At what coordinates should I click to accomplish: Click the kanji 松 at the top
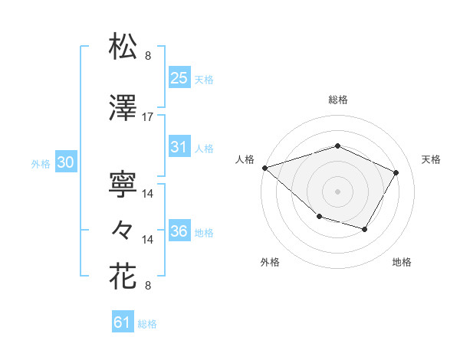tap(123, 47)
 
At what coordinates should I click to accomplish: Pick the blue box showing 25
tap(179, 77)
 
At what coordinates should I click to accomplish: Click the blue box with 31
tap(179, 147)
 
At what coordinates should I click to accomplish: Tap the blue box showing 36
tap(179, 231)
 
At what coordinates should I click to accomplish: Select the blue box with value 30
tap(66, 162)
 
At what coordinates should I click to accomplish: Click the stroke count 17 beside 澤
tap(148, 117)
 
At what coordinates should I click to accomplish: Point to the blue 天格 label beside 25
tap(204, 79)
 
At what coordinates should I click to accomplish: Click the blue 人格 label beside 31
tap(204, 149)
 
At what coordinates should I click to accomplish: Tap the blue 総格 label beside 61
tap(147, 324)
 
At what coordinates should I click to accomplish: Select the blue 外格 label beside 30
tap(41, 164)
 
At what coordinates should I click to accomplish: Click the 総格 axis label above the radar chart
tap(337, 100)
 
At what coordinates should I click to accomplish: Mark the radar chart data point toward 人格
tap(264, 167)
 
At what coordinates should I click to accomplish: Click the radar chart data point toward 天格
tap(396, 172)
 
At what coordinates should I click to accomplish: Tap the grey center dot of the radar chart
tap(337, 191)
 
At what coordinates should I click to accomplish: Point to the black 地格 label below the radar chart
tap(402, 263)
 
